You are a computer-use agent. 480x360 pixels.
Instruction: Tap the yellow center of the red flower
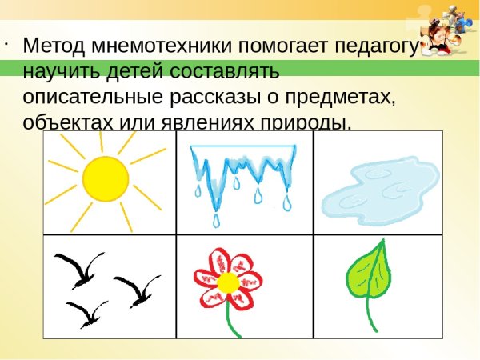click(x=228, y=281)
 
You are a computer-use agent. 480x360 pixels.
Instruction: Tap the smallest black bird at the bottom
click(x=87, y=311)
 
